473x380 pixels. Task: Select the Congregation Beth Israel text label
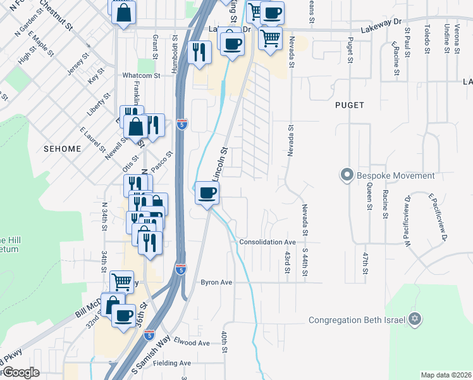(356, 320)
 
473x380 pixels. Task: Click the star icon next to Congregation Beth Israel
(415, 319)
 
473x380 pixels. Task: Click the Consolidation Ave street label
(267, 243)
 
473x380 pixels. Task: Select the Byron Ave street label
(217, 282)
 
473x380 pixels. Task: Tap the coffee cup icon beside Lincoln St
(206, 193)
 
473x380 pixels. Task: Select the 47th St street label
(365, 263)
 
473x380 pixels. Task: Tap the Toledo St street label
(427, 38)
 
